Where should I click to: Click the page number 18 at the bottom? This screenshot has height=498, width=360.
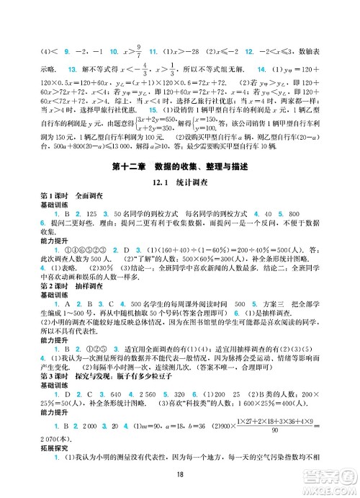point(179,473)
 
